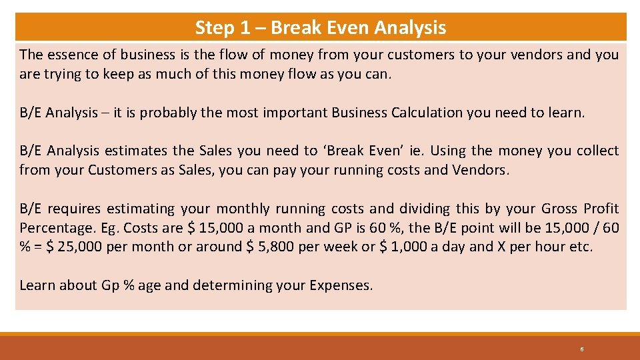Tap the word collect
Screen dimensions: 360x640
(597, 151)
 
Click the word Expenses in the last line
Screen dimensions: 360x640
(341, 285)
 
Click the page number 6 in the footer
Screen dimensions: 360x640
(582, 349)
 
